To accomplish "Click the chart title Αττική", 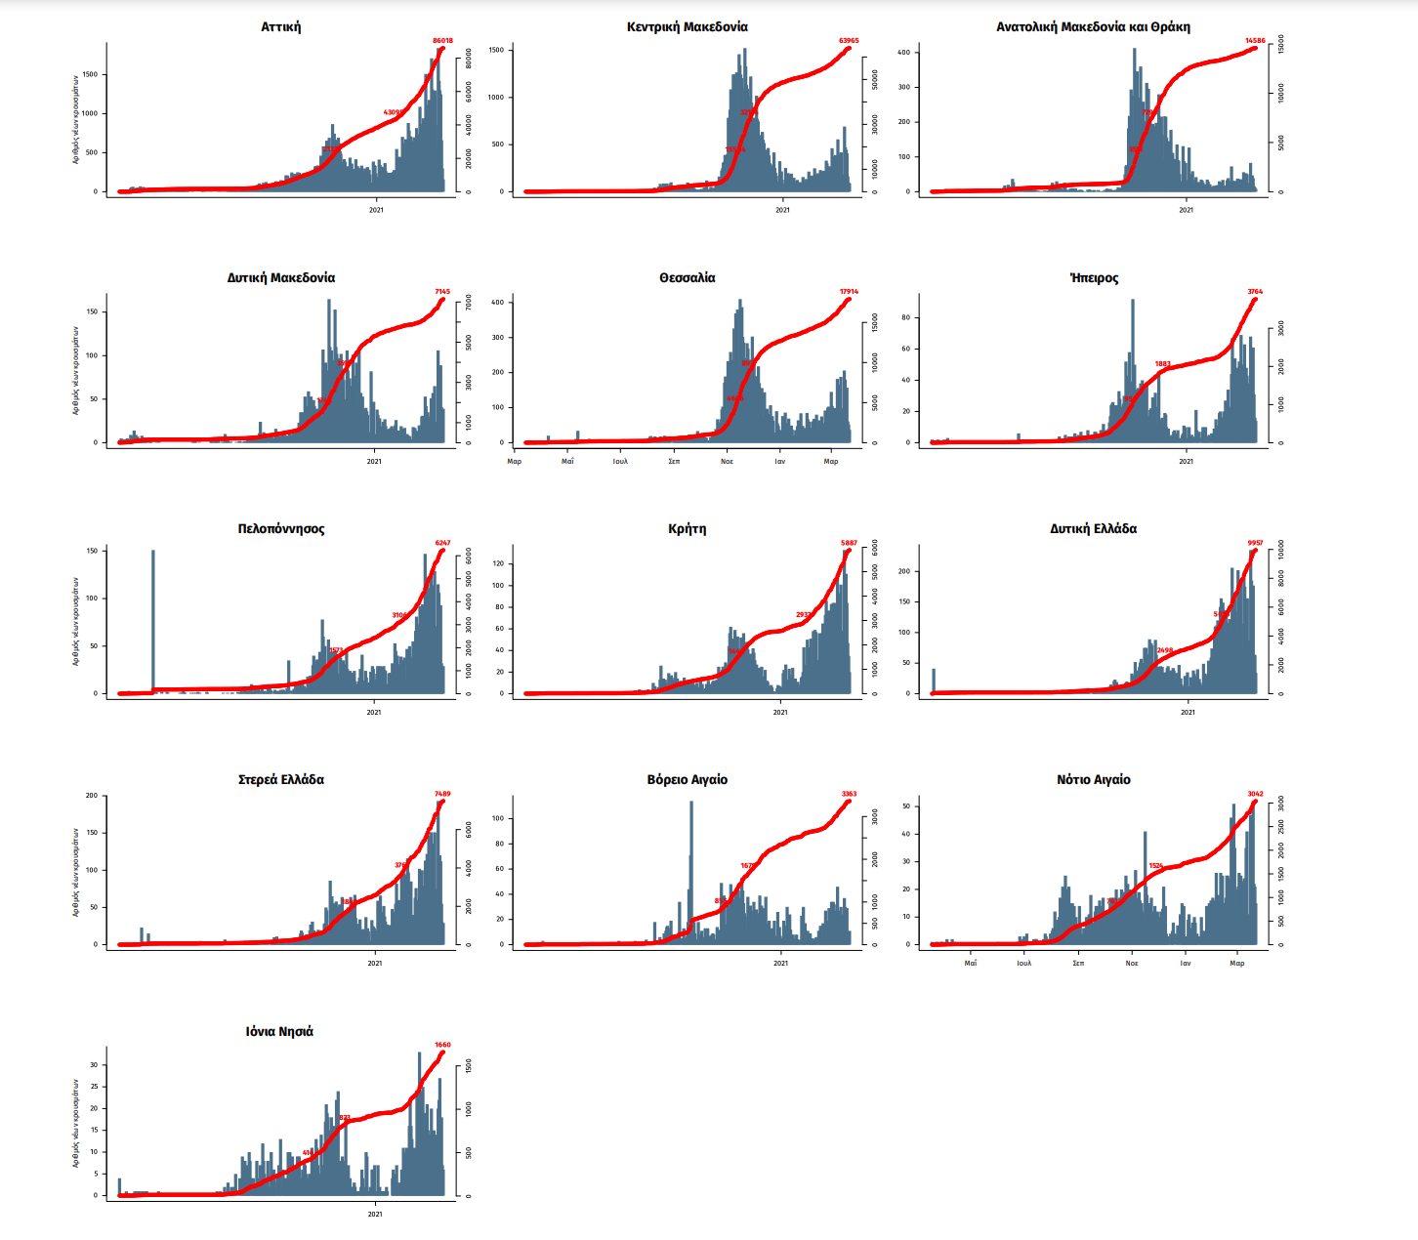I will (x=281, y=27).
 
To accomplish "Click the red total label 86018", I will (x=442, y=41).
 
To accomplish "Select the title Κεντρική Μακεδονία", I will (x=688, y=27).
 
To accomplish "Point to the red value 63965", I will (x=849, y=41).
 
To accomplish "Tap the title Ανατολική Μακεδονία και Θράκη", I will (x=1093, y=27).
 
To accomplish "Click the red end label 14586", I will (x=1255, y=41).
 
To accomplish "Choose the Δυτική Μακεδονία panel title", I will (x=281, y=278).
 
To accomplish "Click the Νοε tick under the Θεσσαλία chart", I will (x=727, y=461).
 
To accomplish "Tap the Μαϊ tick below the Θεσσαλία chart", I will (x=567, y=461).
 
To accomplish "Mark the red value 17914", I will (x=849, y=292).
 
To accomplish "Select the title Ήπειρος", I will (x=1094, y=278).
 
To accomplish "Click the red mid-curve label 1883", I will (x=1162, y=364).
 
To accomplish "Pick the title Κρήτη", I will (x=688, y=529).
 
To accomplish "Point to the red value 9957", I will (x=1255, y=543).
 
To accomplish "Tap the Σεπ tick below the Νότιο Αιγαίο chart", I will (x=1078, y=963).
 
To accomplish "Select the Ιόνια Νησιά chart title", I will (x=279, y=1032).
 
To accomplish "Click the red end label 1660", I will (x=442, y=1045).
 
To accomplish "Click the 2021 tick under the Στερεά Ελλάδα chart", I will (x=374, y=963).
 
